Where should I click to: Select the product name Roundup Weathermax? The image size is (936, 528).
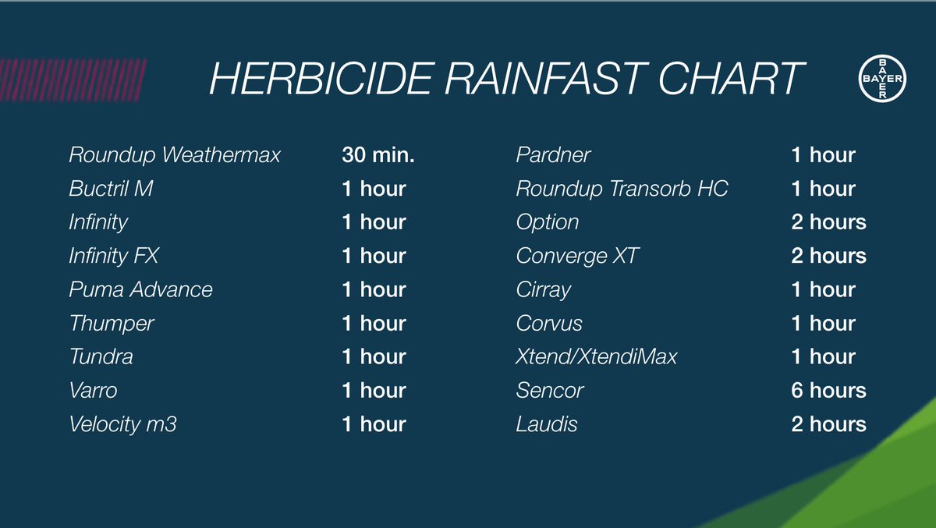point(174,155)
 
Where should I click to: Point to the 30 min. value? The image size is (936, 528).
point(378,155)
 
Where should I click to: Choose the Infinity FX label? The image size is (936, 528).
point(114,256)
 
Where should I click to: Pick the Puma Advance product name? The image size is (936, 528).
point(140,289)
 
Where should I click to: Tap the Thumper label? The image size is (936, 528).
point(112,323)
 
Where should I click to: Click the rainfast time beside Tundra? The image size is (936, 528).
point(374,356)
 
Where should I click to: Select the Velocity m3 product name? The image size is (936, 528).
point(122,424)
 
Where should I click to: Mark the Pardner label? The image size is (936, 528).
point(553,155)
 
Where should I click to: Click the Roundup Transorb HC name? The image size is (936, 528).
point(622,189)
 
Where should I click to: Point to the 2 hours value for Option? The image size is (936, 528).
point(828,222)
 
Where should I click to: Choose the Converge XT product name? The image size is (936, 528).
point(577,256)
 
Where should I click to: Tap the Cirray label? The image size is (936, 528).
point(544,290)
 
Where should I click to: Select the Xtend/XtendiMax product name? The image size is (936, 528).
point(597,356)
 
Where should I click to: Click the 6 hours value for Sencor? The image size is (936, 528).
point(828,390)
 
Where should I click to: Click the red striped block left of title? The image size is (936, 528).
point(69,80)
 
